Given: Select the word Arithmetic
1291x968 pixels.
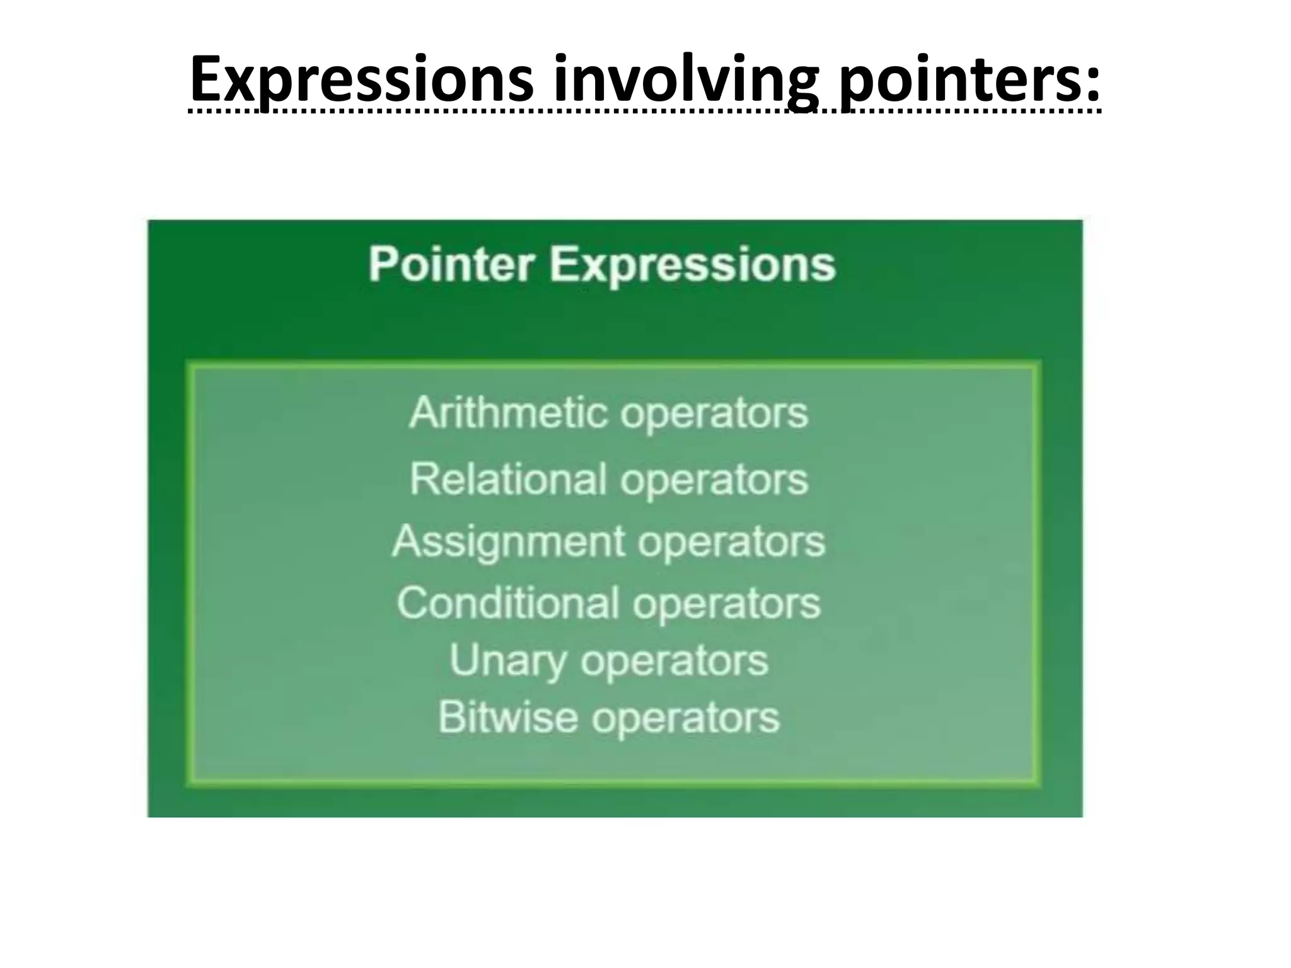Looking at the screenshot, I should [x=508, y=413].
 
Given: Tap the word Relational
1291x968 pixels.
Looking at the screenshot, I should [x=508, y=479].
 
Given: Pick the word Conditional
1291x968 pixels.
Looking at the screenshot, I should [x=508, y=603].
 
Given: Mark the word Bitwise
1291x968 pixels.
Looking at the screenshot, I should [x=507, y=717].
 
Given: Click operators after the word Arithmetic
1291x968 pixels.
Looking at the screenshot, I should [x=714, y=415].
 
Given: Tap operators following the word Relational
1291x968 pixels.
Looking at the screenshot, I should [x=714, y=481].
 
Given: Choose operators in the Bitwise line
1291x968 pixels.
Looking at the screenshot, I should [x=685, y=719].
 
